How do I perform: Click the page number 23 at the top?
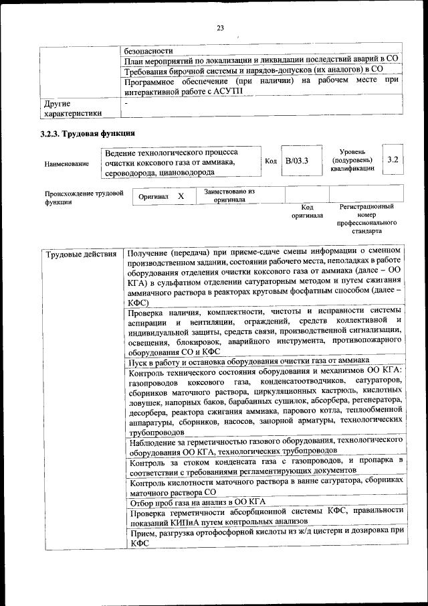tap(219, 27)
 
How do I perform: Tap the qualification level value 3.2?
tap(393, 160)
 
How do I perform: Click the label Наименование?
tap(66, 163)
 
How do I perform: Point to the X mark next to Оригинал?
tap(181, 197)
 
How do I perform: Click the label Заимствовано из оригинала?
tap(229, 195)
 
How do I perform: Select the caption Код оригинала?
tap(307, 212)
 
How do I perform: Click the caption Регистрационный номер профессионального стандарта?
tap(366, 218)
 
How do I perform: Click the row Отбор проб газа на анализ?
tap(198, 502)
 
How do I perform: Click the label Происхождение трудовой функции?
tap(83, 198)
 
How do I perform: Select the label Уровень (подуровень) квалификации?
tap(352, 161)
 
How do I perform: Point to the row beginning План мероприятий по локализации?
tap(262, 60)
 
